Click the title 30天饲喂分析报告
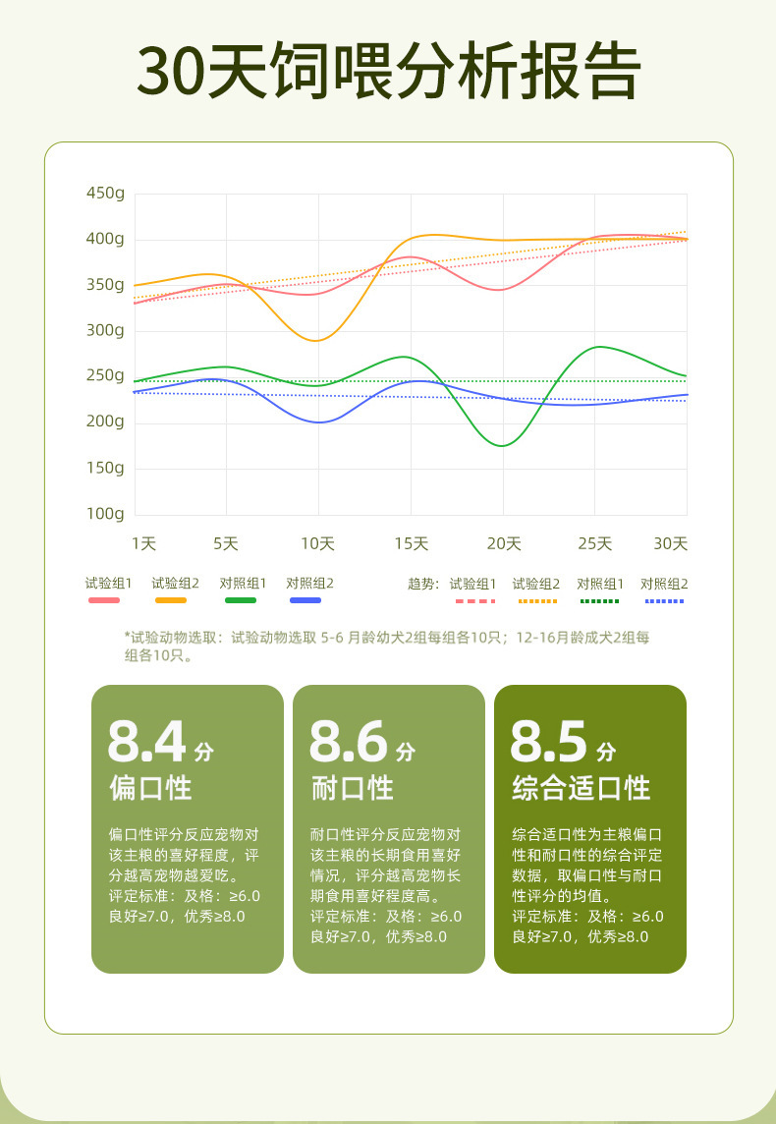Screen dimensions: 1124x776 388,71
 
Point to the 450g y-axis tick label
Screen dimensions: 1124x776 106,193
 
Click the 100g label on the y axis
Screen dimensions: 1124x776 106,513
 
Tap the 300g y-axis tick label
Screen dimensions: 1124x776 106,330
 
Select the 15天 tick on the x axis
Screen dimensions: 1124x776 412,543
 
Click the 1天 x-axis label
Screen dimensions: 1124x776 143,543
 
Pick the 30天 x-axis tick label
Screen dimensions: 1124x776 671,543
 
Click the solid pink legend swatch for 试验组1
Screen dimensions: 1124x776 104,600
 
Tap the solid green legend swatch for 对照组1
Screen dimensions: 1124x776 240,600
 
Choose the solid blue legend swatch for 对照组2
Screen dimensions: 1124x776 305,600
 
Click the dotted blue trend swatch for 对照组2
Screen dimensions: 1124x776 664,600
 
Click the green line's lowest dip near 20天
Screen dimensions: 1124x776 502,445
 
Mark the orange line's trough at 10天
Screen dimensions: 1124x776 316,340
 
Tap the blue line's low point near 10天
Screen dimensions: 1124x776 318,421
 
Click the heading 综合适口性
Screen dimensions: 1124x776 582,788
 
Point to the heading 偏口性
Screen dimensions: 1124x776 150,788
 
